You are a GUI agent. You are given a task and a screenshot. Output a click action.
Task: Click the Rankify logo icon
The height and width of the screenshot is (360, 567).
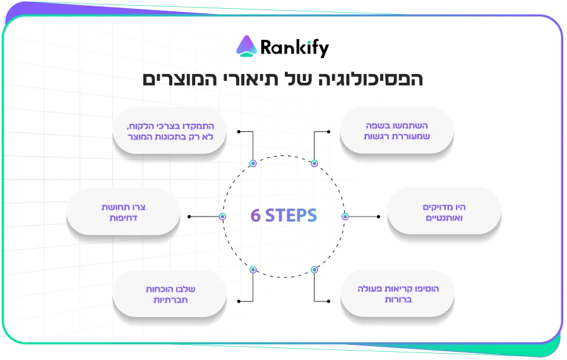(x=246, y=46)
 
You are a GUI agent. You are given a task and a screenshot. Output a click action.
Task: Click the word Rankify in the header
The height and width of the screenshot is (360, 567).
(x=294, y=48)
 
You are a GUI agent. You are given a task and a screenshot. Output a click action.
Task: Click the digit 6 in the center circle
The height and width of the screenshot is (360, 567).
(x=255, y=216)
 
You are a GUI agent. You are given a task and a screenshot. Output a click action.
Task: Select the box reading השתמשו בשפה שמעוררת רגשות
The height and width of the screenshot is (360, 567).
(x=397, y=131)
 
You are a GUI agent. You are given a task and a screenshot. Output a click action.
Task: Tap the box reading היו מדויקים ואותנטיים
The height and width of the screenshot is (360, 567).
(x=443, y=212)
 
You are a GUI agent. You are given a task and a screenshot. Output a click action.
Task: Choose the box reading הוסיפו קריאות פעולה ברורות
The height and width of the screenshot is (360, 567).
(x=397, y=293)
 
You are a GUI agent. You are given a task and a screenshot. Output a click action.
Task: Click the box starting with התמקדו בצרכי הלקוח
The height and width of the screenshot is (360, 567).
(x=169, y=131)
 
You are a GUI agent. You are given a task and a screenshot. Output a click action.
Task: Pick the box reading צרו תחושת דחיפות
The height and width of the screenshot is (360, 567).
(x=123, y=212)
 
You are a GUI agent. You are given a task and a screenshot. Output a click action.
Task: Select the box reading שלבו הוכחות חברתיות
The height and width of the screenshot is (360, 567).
(x=169, y=293)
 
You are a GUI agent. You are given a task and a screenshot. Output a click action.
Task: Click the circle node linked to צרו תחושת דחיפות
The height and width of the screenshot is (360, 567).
(x=222, y=217)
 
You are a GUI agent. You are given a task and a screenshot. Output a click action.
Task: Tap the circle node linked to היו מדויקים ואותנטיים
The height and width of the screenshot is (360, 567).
(x=345, y=217)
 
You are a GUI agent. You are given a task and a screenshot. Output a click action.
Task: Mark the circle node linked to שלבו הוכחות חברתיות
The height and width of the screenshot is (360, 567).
(x=253, y=270)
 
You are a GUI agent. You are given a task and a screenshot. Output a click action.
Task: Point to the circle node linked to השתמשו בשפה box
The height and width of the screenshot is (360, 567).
(x=314, y=164)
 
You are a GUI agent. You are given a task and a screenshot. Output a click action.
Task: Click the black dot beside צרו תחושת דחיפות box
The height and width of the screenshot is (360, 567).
(x=189, y=217)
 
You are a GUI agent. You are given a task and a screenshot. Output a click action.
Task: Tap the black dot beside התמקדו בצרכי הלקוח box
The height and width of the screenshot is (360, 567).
(x=238, y=132)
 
